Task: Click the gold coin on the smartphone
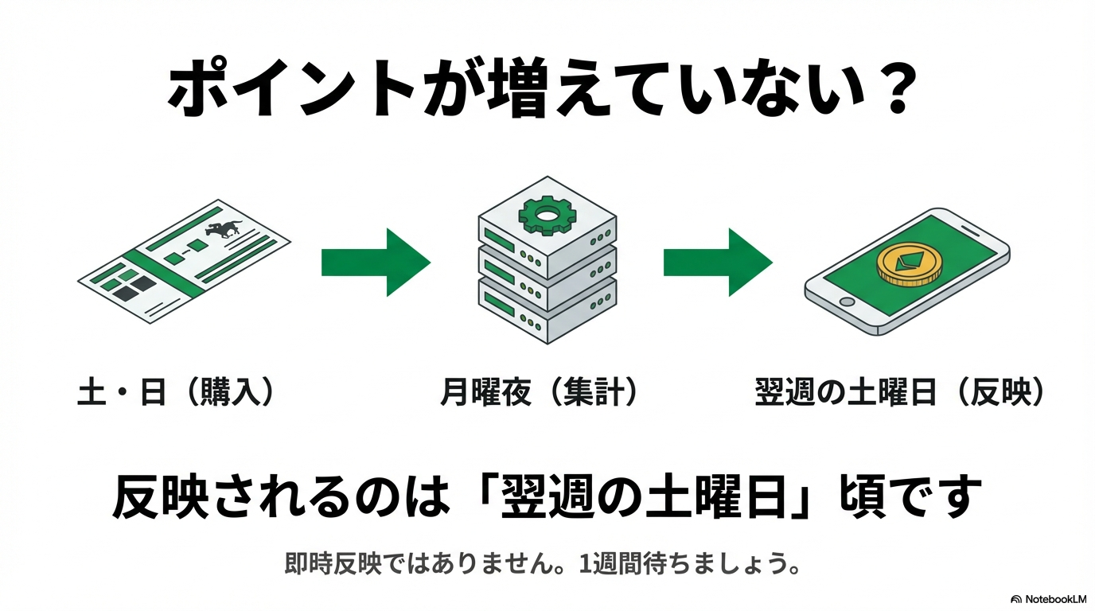(x=908, y=265)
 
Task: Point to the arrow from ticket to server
(x=375, y=263)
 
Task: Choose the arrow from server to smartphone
(x=717, y=263)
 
